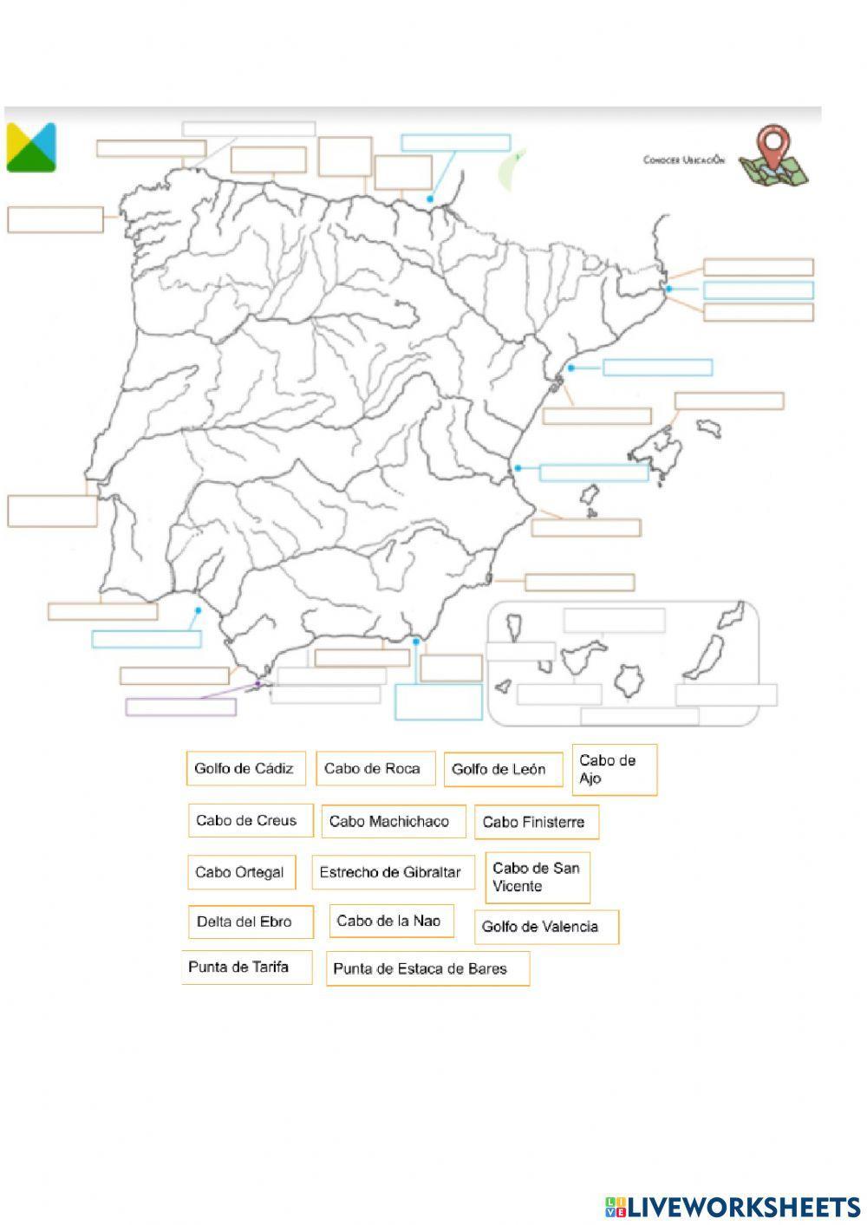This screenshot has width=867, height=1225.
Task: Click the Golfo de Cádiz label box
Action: tap(245, 769)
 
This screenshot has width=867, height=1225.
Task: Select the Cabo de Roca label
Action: tap(375, 769)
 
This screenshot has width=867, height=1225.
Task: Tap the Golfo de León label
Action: tap(503, 770)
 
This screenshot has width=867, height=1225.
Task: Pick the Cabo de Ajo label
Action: tap(614, 770)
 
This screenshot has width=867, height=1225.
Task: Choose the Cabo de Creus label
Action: tap(250, 821)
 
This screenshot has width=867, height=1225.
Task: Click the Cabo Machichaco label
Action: tap(393, 822)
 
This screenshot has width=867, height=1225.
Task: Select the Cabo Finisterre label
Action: tap(536, 823)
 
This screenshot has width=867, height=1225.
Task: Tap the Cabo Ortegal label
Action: tap(241, 873)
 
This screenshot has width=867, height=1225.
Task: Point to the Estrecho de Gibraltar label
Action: tap(393, 873)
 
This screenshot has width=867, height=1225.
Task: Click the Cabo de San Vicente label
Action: tap(538, 877)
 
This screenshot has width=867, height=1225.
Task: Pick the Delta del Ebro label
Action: tap(250, 922)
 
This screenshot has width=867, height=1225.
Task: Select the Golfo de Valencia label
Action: tap(545, 927)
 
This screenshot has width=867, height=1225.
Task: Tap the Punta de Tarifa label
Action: tap(245, 968)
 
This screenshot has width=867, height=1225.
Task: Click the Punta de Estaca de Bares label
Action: tap(427, 969)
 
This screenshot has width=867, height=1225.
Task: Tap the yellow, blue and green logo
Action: tap(31, 147)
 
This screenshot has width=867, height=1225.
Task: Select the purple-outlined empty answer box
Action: tap(181, 707)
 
